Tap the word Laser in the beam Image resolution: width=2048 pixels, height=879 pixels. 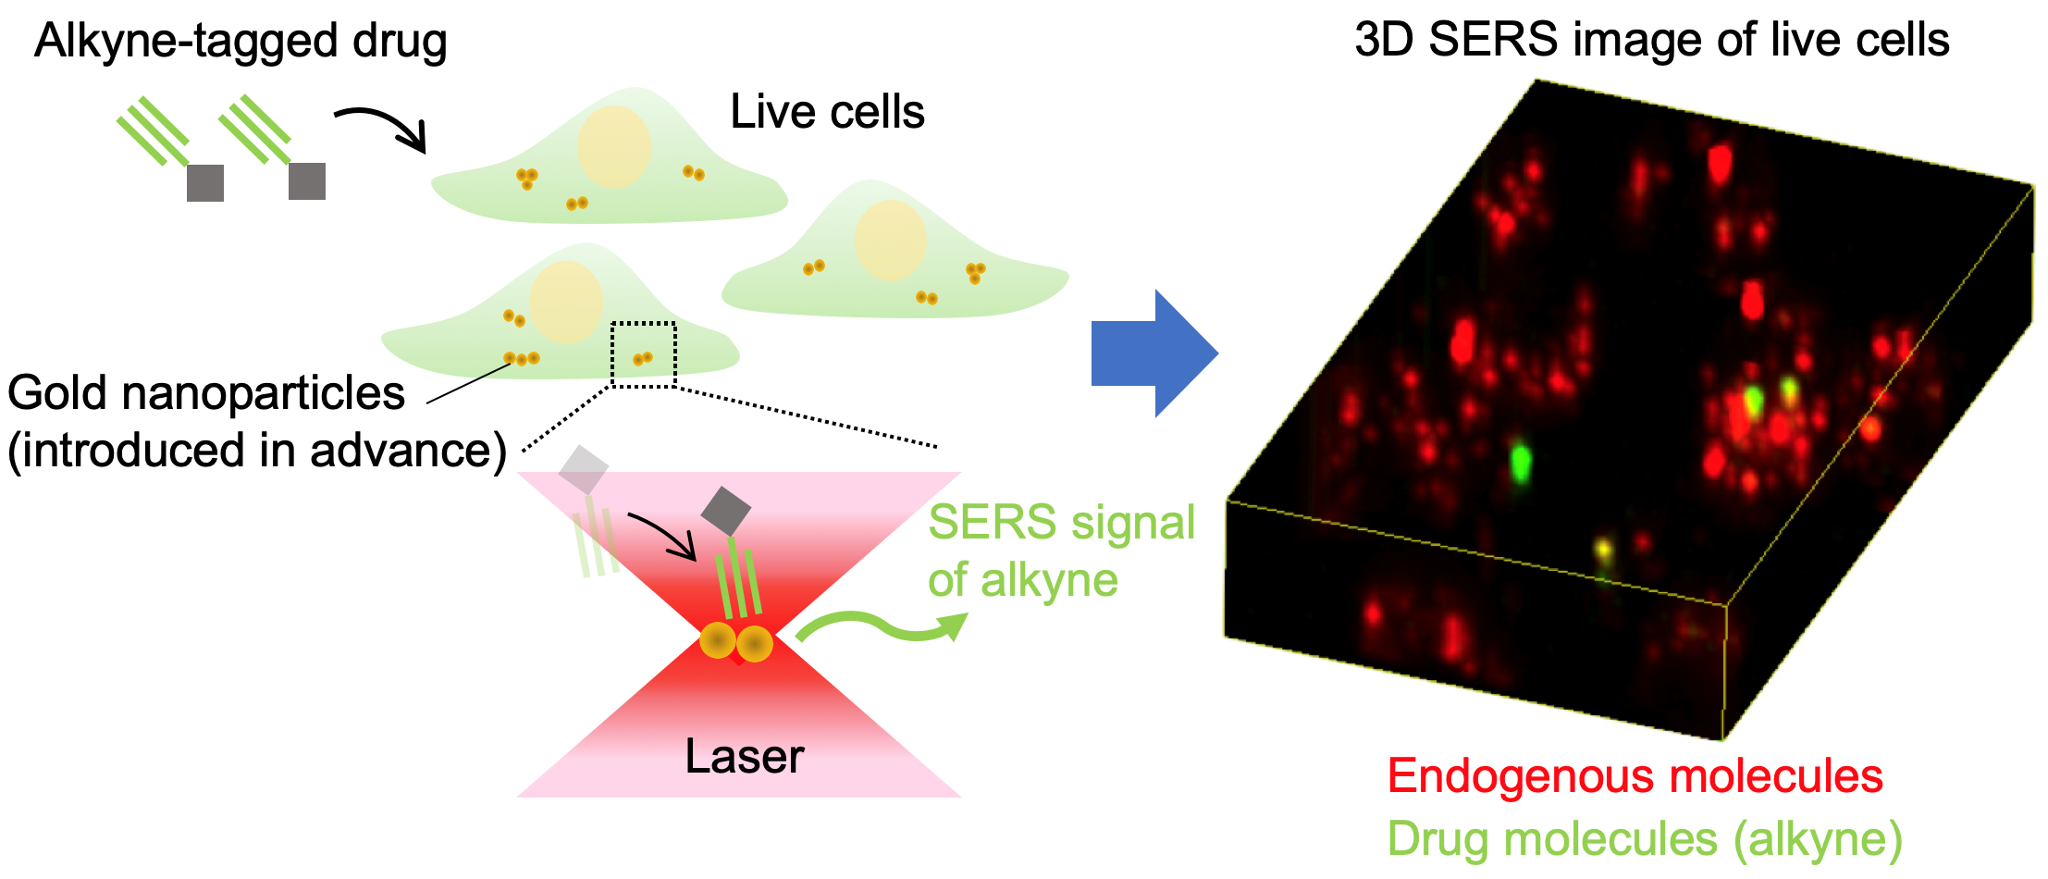point(744,757)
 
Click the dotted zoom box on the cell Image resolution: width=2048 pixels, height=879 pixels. point(644,354)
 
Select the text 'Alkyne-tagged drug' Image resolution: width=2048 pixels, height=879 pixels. point(241,42)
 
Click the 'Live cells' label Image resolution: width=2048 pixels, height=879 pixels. point(827,112)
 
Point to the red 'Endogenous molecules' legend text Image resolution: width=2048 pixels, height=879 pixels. point(1635,775)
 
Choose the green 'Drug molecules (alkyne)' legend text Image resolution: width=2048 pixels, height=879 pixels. point(1645,839)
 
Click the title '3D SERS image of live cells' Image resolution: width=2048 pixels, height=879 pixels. point(1652,40)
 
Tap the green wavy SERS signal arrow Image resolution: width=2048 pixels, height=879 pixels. point(879,626)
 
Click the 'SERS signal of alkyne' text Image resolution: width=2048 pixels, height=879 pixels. point(1060,551)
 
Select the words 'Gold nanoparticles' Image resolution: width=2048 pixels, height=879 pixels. point(206,393)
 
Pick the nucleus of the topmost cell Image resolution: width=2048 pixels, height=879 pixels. point(613,147)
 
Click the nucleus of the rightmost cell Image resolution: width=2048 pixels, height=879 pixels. point(890,241)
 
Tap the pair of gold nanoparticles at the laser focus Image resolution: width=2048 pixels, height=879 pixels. point(736,642)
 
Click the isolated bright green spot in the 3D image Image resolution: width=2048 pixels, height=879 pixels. point(1520,460)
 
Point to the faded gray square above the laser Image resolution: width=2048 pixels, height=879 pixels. point(583,470)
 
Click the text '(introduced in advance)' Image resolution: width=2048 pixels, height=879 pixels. point(257,451)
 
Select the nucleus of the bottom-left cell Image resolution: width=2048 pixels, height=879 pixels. point(565,303)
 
